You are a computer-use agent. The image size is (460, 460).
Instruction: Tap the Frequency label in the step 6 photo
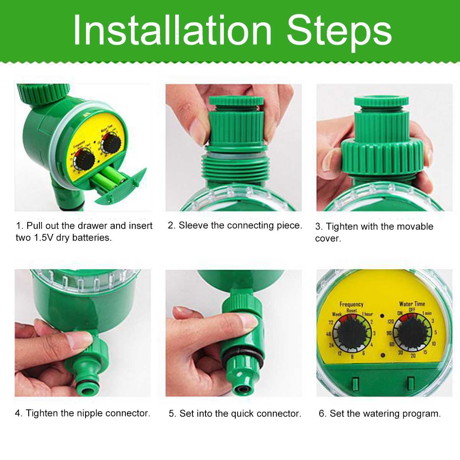tap(351, 304)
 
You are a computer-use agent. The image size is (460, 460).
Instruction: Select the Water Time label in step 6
tap(412, 304)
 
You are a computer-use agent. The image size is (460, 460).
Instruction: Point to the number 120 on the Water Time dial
tap(390, 321)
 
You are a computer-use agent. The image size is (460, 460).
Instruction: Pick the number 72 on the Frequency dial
tap(330, 322)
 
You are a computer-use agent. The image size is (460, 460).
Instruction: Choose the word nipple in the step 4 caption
tap(90, 413)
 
